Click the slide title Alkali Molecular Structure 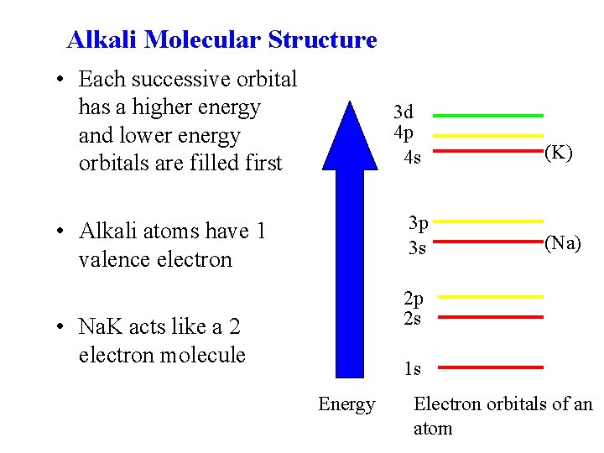click(x=221, y=39)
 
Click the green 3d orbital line click(x=490, y=115)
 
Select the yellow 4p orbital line click(x=490, y=134)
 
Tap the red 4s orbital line click(x=490, y=151)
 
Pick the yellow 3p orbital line click(x=490, y=221)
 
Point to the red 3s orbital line click(x=490, y=241)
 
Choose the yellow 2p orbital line click(x=490, y=296)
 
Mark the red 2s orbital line click(x=490, y=317)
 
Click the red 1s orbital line click(x=490, y=367)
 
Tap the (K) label click(x=559, y=153)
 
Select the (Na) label click(x=562, y=243)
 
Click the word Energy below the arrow click(x=346, y=405)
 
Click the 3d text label click(x=404, y=112)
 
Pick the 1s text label click(x=412, y=368)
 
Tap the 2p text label click(x=413, y=299)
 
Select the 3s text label click(x=417, y=248)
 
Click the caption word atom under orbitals click(x=433, y=429)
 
